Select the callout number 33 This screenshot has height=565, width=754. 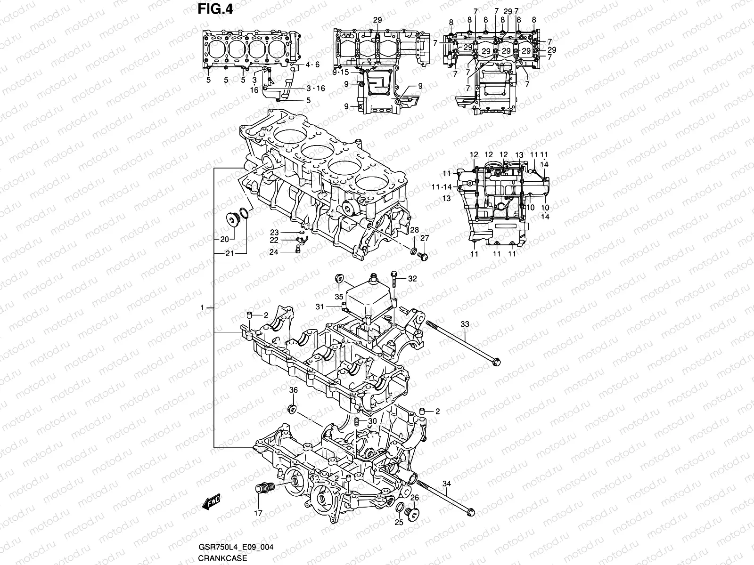[465, 325]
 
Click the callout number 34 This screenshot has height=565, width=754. [447, 484]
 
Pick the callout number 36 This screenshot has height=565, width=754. [293, 390]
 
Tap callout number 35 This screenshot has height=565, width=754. [339, 297]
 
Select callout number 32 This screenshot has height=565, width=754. [412, 279]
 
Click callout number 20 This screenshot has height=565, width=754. [224, 239]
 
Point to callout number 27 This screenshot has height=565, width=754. [425, 239]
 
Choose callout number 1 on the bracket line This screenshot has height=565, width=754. [202, 308]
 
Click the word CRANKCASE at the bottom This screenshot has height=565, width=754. [216, 558]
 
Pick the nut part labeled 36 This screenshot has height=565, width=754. [292, 408]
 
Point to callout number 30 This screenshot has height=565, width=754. [372, 421]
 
